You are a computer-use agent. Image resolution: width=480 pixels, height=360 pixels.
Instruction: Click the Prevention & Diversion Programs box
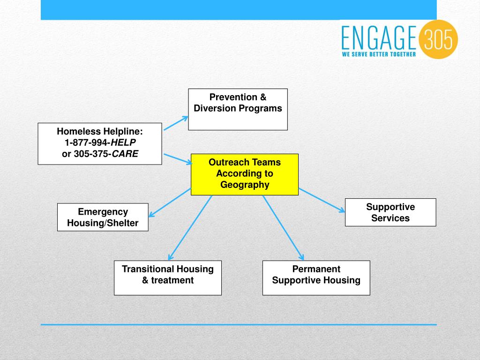(238, 109)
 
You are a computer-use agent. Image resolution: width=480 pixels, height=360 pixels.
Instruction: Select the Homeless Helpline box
(100, 143)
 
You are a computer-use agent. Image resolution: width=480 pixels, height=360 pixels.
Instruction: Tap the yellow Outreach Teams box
(244, 174)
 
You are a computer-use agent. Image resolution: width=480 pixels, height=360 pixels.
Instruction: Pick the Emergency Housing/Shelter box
(103, 217)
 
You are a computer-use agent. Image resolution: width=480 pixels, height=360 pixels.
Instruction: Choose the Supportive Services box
(390, 212)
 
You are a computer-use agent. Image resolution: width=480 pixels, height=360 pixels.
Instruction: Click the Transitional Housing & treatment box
(168, 278)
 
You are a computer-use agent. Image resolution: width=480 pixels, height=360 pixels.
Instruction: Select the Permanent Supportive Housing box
(316, 278)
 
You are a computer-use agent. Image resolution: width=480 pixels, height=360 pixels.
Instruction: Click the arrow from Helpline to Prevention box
(175, 123)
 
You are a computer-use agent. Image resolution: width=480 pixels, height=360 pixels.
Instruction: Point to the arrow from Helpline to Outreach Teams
(178, 158)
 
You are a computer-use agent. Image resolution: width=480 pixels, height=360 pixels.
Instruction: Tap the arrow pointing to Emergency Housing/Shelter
(170, 202)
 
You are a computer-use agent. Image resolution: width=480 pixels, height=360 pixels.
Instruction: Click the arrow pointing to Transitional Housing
(190, 228)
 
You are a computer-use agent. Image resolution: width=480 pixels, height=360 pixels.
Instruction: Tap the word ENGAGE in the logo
(379, 38)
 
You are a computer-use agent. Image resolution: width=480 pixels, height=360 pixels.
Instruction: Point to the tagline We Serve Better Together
(379, 54)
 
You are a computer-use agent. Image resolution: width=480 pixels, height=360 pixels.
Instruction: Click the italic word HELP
(123, 142)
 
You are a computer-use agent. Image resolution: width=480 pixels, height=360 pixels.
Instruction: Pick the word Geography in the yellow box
(245, 185)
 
